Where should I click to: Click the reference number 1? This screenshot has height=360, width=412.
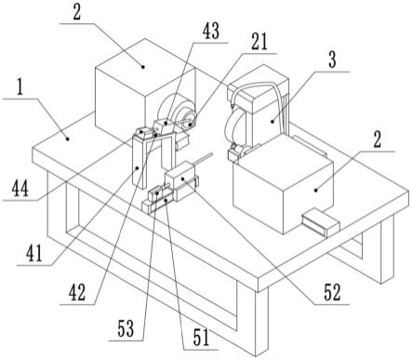(x=20, y=88)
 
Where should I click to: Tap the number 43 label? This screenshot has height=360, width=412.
(x=211, y=31)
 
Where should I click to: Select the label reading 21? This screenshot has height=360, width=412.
(x=259, y=42)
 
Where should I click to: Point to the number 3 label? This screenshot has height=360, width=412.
(x=332, y=60)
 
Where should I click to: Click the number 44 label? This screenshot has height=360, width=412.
(x=20, y=189)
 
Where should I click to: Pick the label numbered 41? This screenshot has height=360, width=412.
(x=33, y=254)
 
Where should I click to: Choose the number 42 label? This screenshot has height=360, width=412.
(x=77, y=293)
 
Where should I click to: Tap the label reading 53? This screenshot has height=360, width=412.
(x=126, y=329)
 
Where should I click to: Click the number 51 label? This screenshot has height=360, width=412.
(x=201, y=338)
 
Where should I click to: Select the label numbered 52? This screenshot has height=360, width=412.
(x=332, y=292)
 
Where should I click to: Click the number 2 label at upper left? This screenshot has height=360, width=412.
(x=76, y=13)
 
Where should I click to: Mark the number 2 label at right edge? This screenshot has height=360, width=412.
(x=377, y=140)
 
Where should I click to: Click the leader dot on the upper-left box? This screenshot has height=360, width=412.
(x=143, y=66)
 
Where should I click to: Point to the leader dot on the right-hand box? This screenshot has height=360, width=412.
(x=316, y=190)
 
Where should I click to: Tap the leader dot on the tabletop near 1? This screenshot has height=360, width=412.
(x=67, y=140)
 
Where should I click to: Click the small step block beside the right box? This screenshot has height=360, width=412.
(x=321, y=221)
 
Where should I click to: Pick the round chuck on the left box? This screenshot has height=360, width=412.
(x=178, y=114)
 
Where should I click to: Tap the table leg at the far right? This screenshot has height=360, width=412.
(x=387, y=249)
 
